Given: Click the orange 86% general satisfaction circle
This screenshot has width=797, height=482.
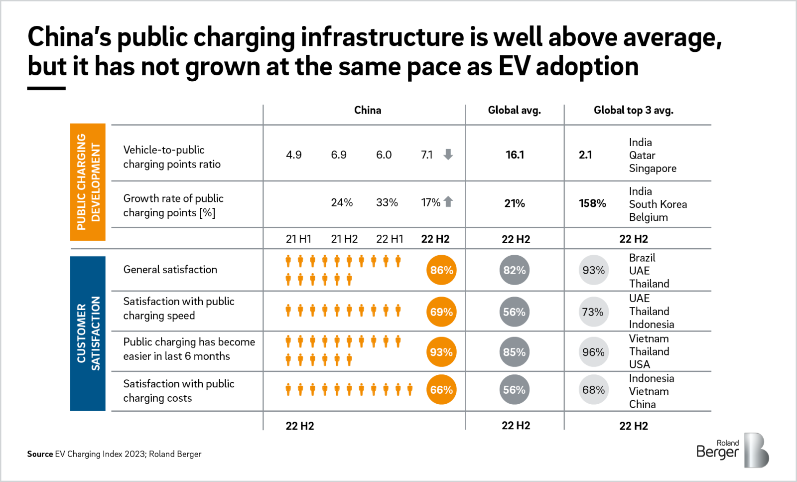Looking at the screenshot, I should (441, 270).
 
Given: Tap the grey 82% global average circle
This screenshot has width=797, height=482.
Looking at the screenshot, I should (514, 270).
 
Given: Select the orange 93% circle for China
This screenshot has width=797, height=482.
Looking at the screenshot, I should (441, 352).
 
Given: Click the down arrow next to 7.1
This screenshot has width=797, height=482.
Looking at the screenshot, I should (448, 155).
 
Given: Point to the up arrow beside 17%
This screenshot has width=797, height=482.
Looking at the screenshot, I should (448, 202).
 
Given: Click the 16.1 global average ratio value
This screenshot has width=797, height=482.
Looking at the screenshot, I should (515, 155).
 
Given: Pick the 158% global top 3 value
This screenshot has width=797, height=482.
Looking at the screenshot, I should (592, 203).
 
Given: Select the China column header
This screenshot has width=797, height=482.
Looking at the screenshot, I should (368, 110).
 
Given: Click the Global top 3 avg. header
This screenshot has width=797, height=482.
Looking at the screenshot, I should (633, 110).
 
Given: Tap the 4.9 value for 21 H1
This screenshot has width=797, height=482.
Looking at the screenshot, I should (293, 155).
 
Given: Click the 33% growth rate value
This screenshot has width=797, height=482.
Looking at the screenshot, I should (387, 203).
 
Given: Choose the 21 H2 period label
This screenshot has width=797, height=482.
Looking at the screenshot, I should (344, 239).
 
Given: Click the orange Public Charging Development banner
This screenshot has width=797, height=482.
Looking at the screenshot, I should (88, 182).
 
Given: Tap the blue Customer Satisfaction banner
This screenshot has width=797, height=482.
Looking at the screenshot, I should (88, 333).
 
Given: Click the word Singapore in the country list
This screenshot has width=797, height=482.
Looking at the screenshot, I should (653, 168).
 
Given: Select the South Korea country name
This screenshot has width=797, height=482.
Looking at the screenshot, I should (658, 204).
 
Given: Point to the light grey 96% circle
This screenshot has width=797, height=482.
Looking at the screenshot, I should (593, 352).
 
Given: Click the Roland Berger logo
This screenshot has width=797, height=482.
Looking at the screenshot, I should (732, 450).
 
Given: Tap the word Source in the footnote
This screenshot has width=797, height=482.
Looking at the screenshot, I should (40, 454).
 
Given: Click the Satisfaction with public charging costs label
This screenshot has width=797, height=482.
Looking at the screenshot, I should (178, 391).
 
